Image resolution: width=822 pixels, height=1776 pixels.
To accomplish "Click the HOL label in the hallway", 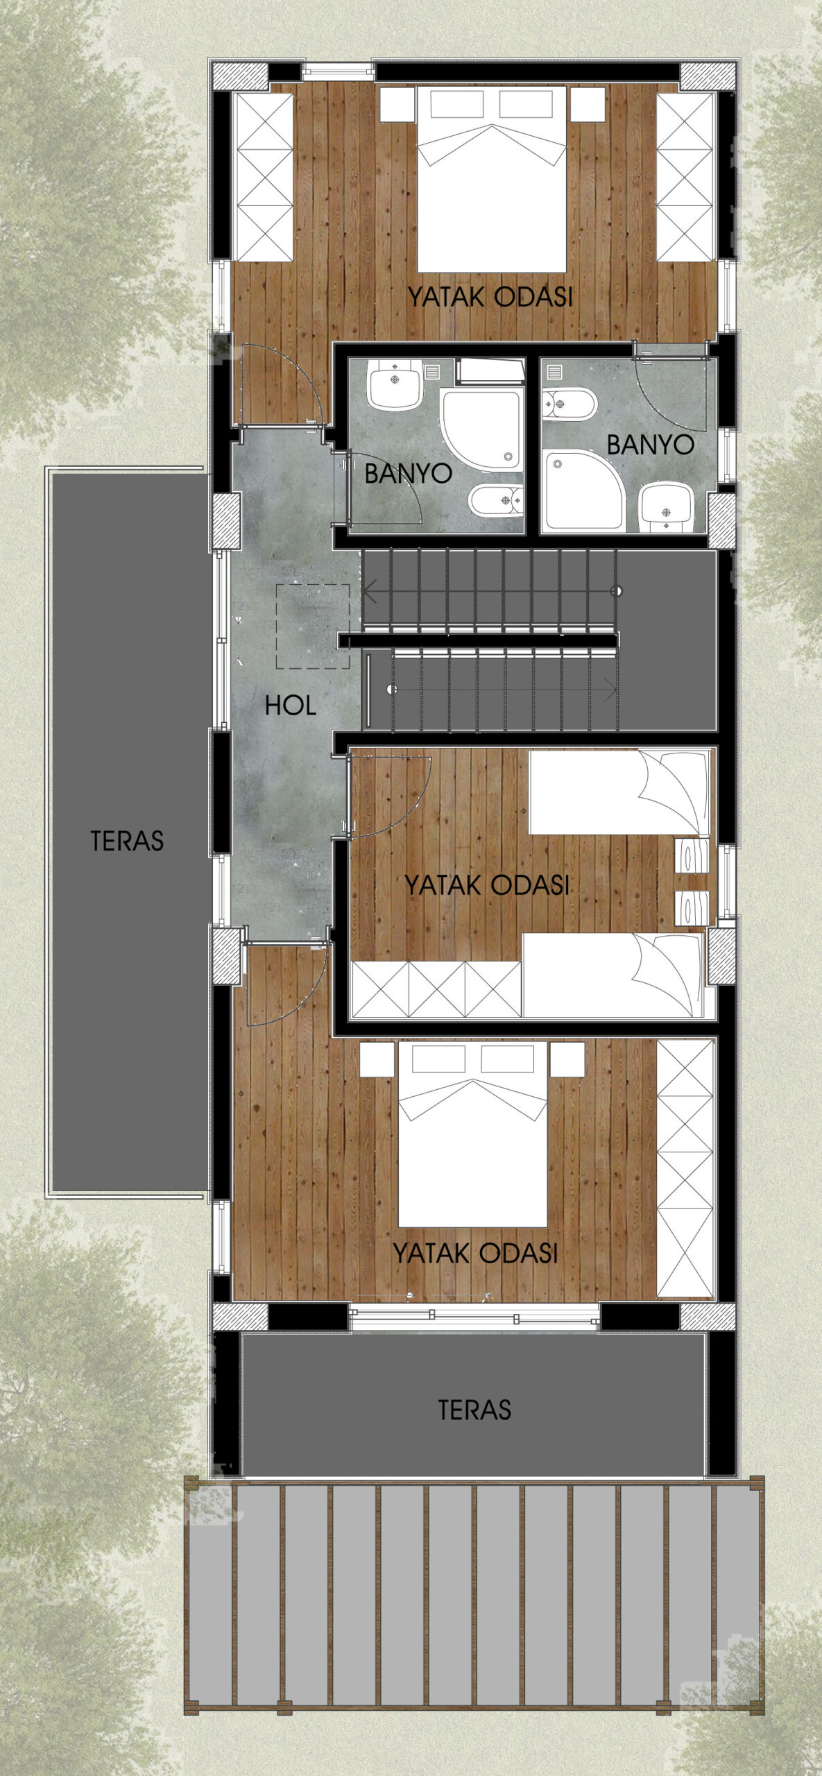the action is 291,706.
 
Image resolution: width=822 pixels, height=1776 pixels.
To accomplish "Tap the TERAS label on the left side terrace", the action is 127,841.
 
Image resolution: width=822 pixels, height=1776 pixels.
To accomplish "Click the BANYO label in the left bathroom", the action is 408,473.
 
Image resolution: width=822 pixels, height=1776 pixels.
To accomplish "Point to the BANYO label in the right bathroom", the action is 650,445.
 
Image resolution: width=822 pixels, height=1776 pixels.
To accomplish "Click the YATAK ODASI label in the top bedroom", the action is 490,297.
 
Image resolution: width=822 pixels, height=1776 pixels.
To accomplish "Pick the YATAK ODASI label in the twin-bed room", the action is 486,885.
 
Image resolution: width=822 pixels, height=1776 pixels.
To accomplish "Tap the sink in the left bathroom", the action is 395,384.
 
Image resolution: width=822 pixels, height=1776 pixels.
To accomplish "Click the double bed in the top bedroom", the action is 492,179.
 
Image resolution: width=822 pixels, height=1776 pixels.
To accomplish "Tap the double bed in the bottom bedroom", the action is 472,1135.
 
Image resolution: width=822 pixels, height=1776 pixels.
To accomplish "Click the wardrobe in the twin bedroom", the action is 436,989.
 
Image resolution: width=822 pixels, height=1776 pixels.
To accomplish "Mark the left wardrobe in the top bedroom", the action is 263,177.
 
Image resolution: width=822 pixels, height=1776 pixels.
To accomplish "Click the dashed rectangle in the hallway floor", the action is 313,626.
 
